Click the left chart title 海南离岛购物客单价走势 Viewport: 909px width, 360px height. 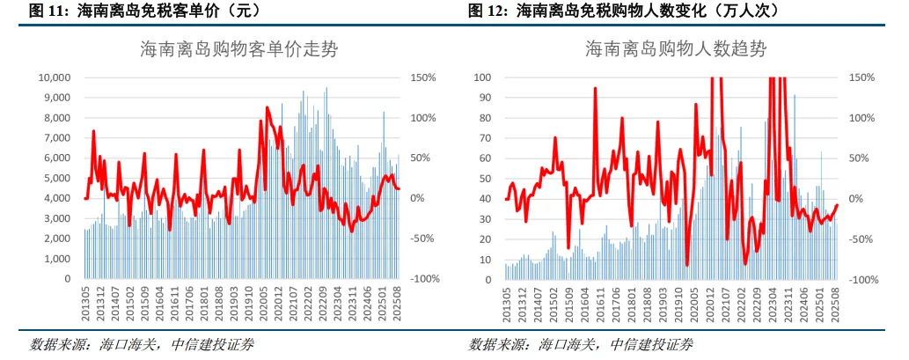coord(238,49)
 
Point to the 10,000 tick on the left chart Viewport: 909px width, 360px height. coord(54,77)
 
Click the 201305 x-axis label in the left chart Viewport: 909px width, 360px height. coord(85,299)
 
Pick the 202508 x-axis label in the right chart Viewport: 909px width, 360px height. coord(838,299)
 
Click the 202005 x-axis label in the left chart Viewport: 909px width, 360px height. coord(262,299)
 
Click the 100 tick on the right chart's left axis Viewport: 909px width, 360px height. coord(482,77)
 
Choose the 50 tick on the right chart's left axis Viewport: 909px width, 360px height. coord(485,178)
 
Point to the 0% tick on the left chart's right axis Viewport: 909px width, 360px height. coord(419,198)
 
